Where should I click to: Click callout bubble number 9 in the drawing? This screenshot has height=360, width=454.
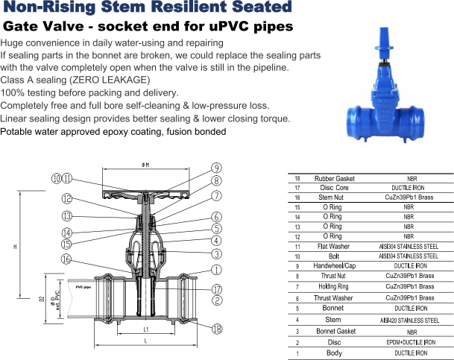[216, 168]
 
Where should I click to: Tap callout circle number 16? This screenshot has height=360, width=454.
[66, 259]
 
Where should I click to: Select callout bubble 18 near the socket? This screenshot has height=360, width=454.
[217, 329]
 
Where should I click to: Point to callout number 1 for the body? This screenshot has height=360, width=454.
[217, 270]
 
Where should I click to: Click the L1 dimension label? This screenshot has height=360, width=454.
[146, 329]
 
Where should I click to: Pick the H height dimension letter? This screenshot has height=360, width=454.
[15, 247]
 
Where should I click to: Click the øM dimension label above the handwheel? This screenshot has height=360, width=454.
[145, 165]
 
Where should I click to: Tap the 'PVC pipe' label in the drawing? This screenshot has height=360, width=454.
[83, 288]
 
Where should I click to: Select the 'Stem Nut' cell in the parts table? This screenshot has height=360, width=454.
[331, 198]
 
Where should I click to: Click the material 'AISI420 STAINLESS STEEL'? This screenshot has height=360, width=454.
[409, 320]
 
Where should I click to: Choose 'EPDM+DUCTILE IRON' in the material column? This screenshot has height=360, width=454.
[411, 342]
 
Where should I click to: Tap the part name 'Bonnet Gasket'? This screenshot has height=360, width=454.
[336, 331]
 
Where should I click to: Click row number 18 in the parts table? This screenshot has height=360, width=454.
[297, 179]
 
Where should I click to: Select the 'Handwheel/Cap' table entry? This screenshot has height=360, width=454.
[335, 265]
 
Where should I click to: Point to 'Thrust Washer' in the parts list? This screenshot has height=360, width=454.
[333, 298]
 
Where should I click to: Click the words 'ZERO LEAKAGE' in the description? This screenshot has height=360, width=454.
[110, 80]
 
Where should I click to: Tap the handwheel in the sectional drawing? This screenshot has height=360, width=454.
[145, 195]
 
